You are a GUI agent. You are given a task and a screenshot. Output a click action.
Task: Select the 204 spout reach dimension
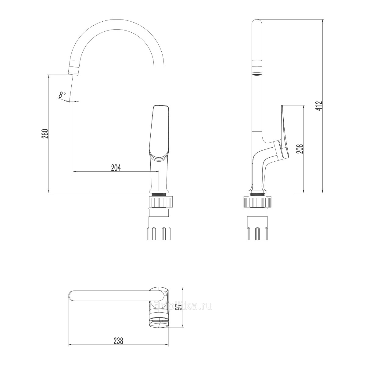point(116,168)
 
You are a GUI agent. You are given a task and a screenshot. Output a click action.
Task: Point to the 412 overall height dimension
point(319,106)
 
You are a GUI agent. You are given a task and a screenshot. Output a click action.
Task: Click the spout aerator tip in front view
point(74,70)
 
